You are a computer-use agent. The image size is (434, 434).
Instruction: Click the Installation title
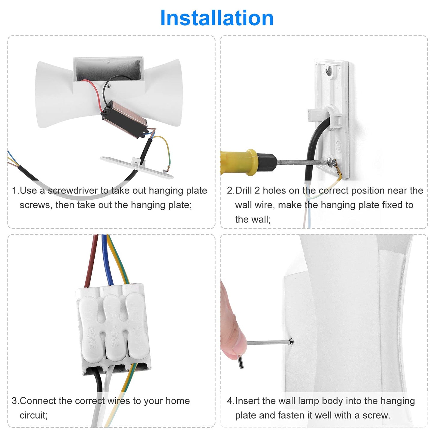click(217, 18)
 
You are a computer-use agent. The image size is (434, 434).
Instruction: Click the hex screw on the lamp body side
click(291, 342)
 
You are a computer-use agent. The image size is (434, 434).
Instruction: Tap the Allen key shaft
click(268, 342)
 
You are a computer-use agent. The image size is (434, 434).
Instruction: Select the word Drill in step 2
click(244, 190)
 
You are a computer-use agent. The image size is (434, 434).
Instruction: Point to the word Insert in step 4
click(247, 401)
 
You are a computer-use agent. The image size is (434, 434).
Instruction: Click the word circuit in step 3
click(34, 415)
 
